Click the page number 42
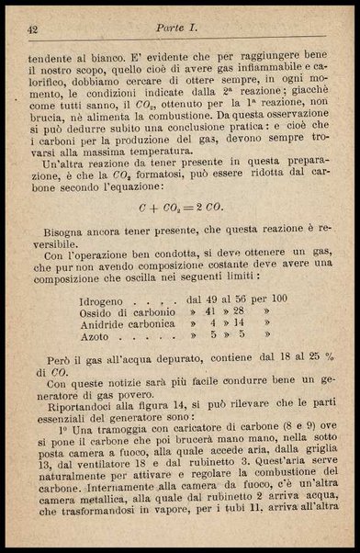click(x=33, y=30)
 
